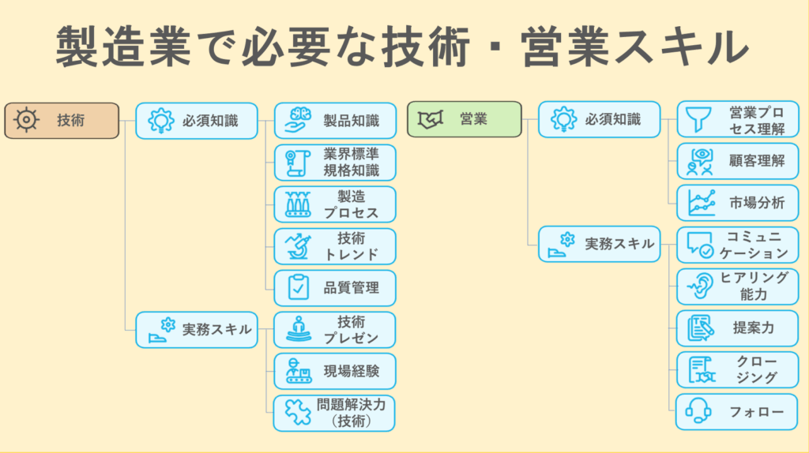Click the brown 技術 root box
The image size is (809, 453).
point(62,121)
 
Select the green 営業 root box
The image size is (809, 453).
point(465,120)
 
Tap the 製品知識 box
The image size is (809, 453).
point(335,121)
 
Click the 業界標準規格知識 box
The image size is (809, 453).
point(335,163)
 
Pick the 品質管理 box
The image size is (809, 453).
point(335,288)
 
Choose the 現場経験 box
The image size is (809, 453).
point(335,371)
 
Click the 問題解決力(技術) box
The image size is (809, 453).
point(335,413)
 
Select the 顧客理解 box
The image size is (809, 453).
point(738,161)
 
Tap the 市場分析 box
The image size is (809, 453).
point(738,203)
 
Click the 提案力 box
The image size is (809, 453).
point(738,328)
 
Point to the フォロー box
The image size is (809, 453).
point(738,411)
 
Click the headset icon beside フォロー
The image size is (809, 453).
point(698,411)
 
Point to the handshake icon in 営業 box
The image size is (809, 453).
point(429,120)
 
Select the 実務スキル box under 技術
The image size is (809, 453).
point(197,330)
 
